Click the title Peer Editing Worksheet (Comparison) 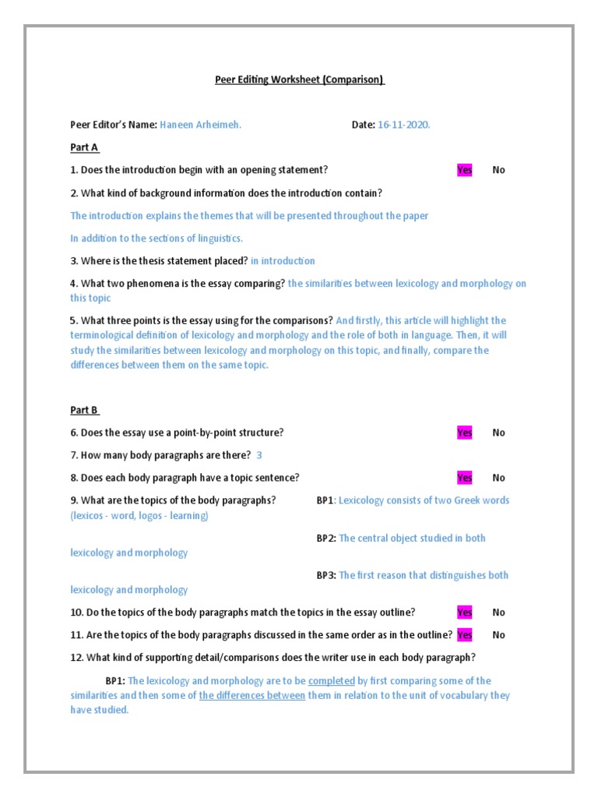point(300,79)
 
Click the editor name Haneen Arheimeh point(200,125)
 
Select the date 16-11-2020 point(404,125)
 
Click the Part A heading point(85,147)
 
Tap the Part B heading point(85,410)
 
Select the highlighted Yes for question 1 point(465,170)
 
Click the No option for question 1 point(499,170)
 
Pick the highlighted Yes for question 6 point(465,433)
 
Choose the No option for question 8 point(499,478)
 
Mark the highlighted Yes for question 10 point(465,613)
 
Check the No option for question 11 point(499,635)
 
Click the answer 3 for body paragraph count point(259,455)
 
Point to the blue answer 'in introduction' point(283,261)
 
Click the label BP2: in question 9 point(326,538)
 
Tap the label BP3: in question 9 point(326,575)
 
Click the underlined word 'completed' point(332,680)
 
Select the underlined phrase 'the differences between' point(252,695)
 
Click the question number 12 point(76,658)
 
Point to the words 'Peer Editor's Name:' point(114,125)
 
